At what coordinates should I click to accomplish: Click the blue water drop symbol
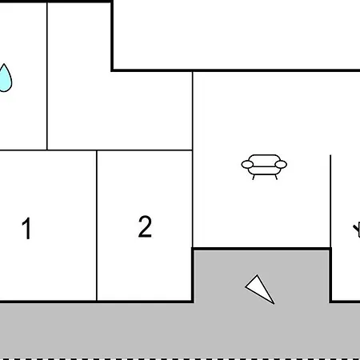[5, 78]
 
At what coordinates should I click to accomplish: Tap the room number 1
[26, 228]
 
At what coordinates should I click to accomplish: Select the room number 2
[145, 226]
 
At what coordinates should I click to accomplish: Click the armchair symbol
[264, 166]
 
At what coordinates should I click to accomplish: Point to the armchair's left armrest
[247, 165]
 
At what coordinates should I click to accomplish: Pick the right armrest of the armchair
[281, 165]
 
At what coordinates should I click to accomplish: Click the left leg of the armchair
[254, 177]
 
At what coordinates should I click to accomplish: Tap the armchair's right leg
[276, 177]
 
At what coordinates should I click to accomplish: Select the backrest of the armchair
[264, 160]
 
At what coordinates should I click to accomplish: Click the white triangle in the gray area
[261, 289]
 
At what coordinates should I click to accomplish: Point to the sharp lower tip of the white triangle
[274, 304]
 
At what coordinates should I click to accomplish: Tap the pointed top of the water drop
[4, 64]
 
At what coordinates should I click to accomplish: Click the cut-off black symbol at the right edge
[357, 230]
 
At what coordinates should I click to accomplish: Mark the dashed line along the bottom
[180, 358]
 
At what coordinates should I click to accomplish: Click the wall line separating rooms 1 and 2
[97, 226]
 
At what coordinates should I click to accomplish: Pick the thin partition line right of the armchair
[330, 201]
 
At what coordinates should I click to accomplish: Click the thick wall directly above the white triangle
[262, 249]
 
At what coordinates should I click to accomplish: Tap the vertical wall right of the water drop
[47, 76]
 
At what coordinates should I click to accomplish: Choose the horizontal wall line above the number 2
[144, 150]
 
